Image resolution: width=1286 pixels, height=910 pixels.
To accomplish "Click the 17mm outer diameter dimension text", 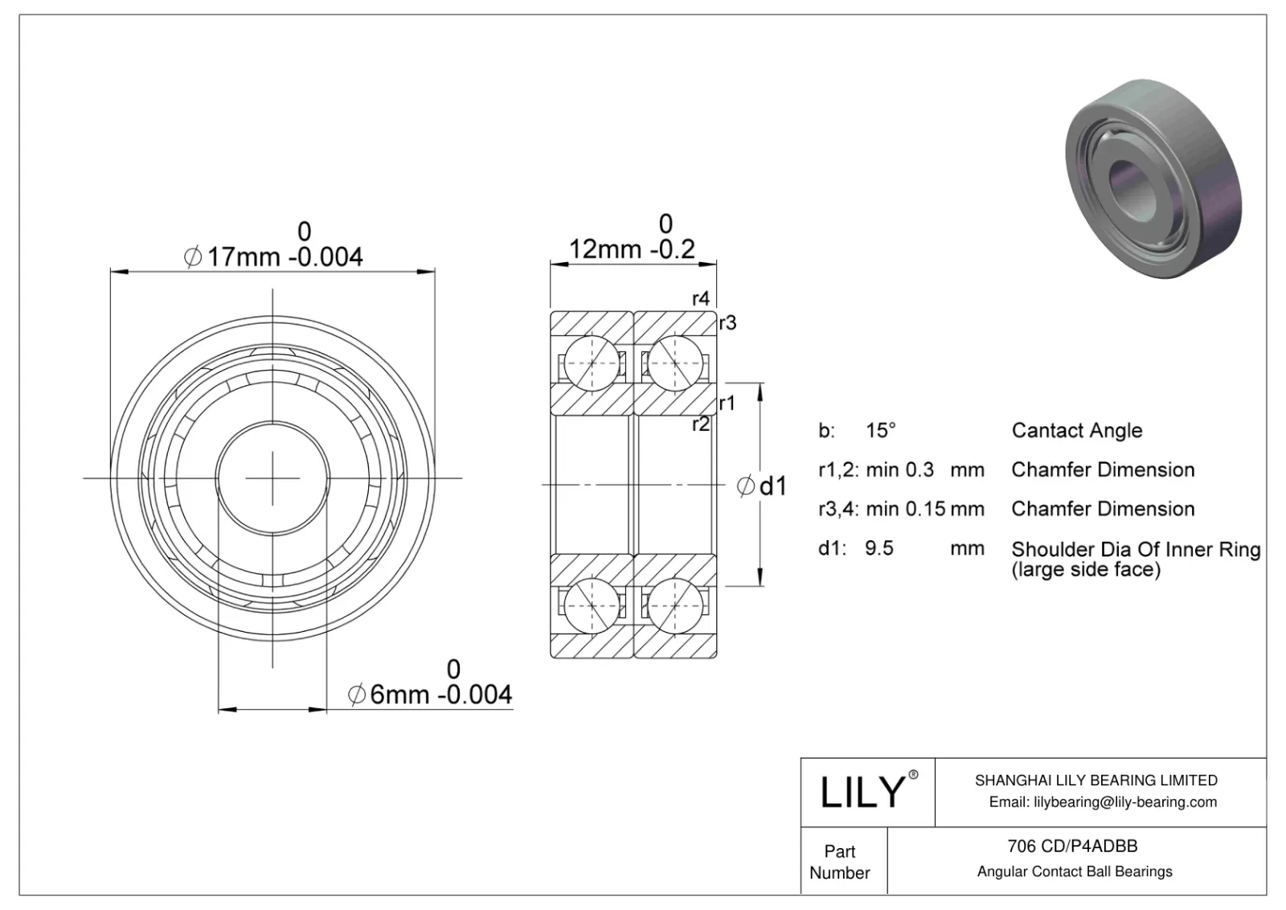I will coord(274,256).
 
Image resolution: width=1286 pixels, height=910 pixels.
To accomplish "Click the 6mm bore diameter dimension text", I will coord(430,694).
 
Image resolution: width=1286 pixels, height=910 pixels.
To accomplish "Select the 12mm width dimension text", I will coord(632,248).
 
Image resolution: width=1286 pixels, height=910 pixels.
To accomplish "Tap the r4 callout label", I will coord(701,298).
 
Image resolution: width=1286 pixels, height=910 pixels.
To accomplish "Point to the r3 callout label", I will coord(727,323).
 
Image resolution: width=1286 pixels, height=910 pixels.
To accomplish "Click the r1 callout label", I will coord(727,403).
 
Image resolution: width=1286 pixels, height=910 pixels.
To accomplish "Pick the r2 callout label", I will coord(701,424).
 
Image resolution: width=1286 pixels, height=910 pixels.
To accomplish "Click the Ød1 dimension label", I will coord(762,486).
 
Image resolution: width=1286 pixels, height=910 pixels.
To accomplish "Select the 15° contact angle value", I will coord(880,430).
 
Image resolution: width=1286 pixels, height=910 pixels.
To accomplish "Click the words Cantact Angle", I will coord(1076,430).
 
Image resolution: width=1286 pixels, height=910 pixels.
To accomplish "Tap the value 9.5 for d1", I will coord(878,548).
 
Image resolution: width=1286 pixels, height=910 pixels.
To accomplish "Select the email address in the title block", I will coord(1103,801).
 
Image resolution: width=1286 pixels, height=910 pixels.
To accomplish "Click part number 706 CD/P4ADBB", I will coord(1072,846).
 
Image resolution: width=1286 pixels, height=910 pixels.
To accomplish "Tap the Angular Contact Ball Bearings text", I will coord(1075,871).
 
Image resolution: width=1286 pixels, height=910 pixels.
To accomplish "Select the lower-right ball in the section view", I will coord(674,605).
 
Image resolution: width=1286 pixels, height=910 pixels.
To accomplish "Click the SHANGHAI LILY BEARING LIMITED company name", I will coord(1096,780).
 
